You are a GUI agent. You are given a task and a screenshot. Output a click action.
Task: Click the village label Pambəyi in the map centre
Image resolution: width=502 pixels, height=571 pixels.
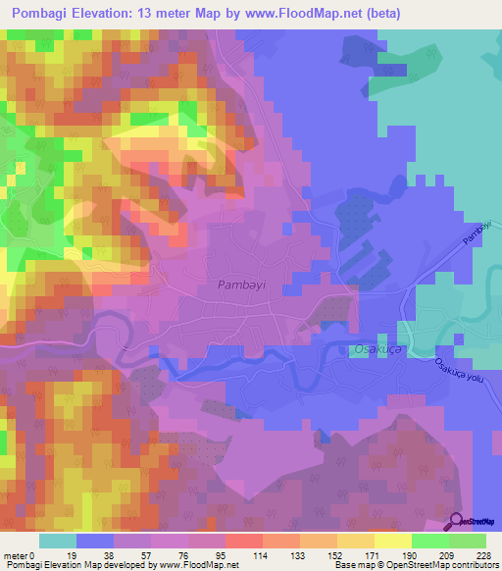(x=238, y=285)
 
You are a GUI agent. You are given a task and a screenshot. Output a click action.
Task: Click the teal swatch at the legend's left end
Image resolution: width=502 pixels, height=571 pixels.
(x=58, y=541)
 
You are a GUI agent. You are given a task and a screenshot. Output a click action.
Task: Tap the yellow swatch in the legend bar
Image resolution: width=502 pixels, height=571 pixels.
(x=392, y=541)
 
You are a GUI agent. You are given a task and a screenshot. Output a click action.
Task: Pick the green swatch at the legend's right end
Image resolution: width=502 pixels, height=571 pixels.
(x=468, y=541)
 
